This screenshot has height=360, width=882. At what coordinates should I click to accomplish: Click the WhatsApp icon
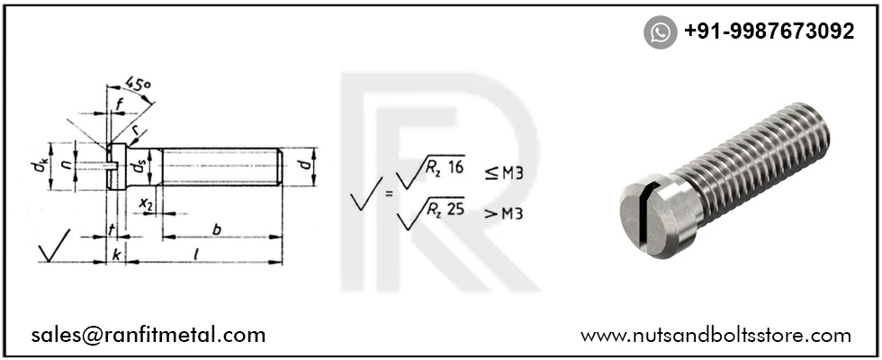click(x=660, y=32)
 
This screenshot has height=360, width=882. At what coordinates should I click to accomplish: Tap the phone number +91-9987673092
click(x=769, y=31)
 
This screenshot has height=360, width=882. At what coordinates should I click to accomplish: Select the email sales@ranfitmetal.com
click(x=148, y=336)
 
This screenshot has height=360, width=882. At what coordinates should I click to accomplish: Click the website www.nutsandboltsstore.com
click(x=715, y=336)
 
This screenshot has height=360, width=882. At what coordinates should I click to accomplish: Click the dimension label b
click(x=216, y=229)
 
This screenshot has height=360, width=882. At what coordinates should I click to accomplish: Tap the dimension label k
click(x=117, y=255)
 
